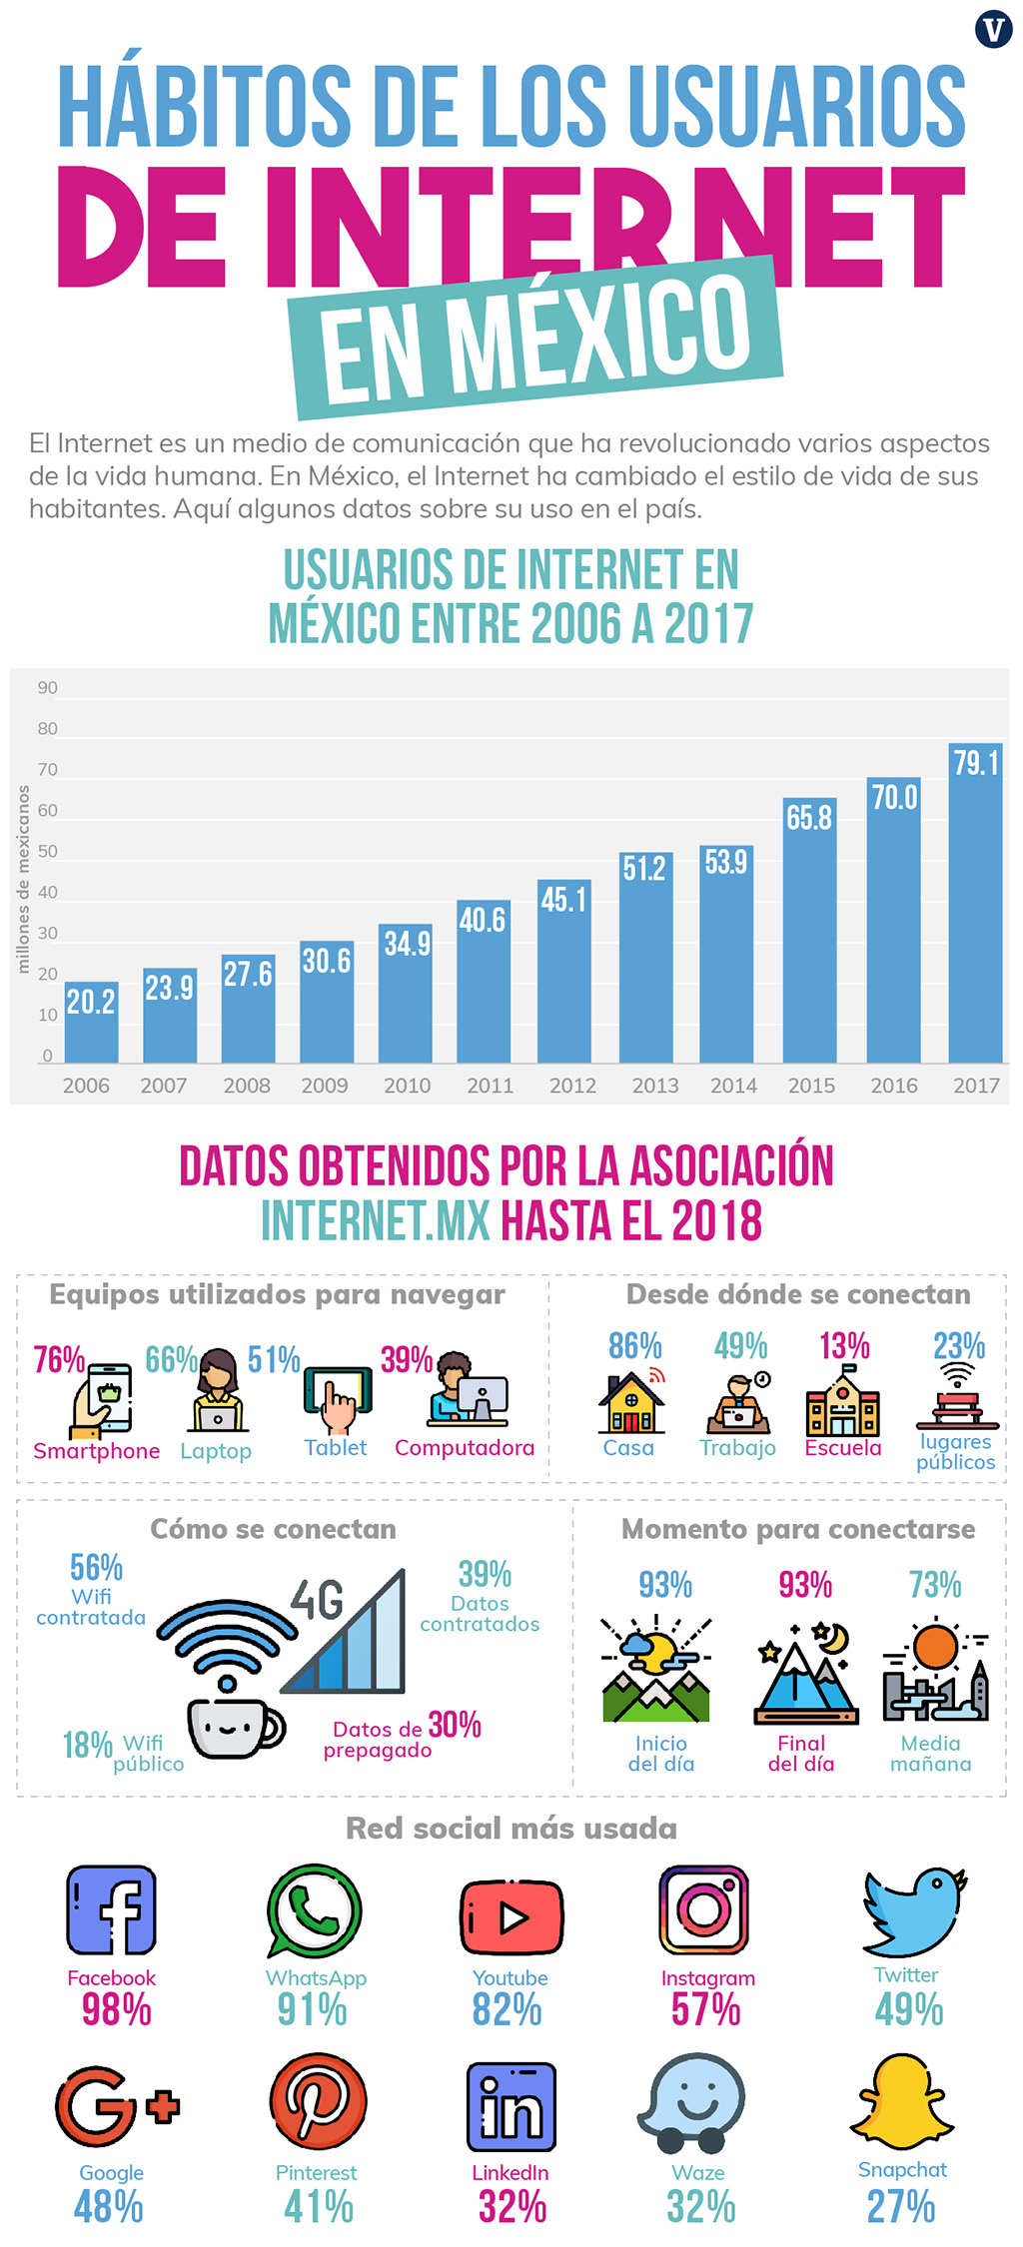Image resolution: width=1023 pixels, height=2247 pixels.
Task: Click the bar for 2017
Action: (975, 904)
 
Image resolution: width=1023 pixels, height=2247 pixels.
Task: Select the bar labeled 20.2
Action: (91, 1023)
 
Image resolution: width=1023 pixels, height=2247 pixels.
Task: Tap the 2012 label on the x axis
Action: (572, 1086)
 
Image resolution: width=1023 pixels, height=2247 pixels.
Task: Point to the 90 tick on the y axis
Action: (48, 688)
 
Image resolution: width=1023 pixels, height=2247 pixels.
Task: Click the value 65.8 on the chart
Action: (809, 818)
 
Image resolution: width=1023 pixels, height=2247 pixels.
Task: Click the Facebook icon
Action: (111, 1909)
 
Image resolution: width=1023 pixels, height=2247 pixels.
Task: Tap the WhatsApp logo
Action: (314, 1909)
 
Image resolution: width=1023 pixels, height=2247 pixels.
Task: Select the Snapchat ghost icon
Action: (902, 2102)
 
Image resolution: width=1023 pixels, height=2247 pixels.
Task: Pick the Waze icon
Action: (695, 2102)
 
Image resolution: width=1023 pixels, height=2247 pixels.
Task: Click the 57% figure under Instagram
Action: (706, 2009)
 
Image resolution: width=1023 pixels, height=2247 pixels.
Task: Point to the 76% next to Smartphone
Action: (59, 1360)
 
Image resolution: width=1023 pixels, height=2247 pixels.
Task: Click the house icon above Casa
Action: (631, 1403)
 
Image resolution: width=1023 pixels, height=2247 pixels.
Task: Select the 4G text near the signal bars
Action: (317, 1600)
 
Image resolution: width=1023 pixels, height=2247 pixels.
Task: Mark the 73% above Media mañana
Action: (935, 1585)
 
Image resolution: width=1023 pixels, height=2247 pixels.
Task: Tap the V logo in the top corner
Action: (994, 29)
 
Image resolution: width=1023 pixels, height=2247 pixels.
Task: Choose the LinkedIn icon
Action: (511, 2106)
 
